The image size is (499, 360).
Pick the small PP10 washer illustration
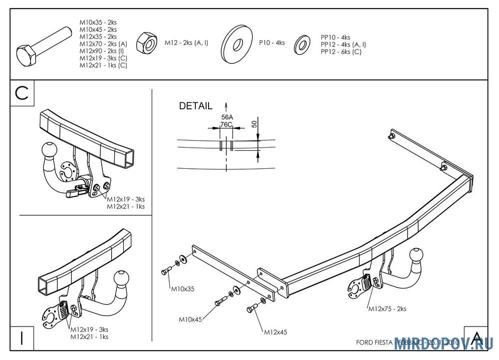coord(302,44)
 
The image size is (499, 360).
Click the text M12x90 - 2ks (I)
coord(103,51)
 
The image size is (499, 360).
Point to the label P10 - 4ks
coord(271,43)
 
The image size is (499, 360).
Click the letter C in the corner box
coord(22,93)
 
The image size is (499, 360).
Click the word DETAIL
coord(195,106)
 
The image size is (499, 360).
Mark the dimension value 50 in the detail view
coord(254,124)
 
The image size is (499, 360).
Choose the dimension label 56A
coord(227,117)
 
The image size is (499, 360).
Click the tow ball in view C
coord(50,150)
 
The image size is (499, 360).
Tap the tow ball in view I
coord(122,280)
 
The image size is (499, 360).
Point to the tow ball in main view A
coord(417,257)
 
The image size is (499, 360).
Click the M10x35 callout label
coord(183,289)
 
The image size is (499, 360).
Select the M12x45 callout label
coord(275,332)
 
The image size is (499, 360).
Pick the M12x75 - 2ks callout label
coord(387,309)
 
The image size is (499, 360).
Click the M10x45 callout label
coord(190,319)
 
